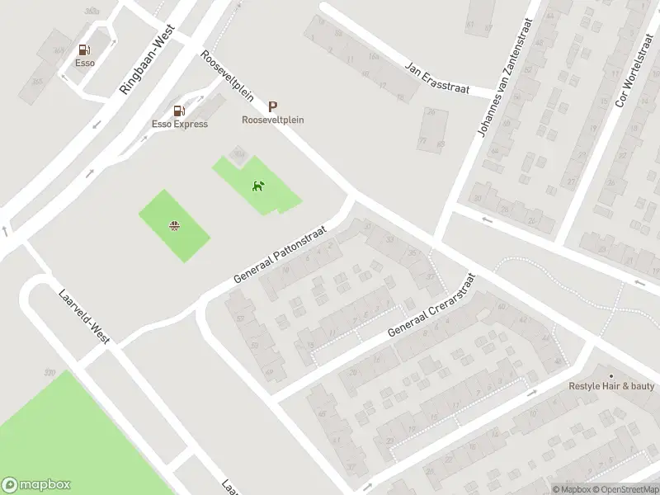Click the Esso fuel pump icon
84,50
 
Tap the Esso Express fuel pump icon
179,111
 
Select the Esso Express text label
180,124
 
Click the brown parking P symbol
273,106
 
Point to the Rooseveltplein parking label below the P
273,120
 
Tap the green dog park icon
258,185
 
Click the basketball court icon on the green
175,225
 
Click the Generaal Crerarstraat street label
432,307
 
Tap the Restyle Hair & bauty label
611,386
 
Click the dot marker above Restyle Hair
611,375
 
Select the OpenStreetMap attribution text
624,489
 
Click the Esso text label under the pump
84,63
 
